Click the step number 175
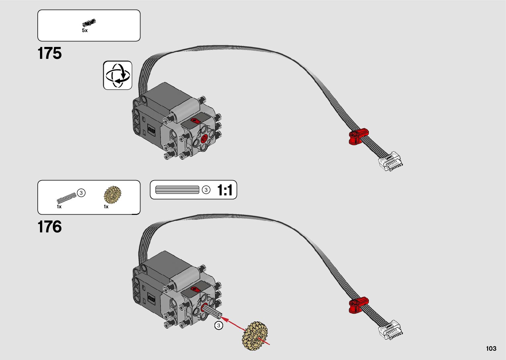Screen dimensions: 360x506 tap(50, 53)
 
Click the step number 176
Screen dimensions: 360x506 tap(50, 227)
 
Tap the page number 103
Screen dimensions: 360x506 tap(491, 348)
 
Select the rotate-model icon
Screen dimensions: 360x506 tap(118, 75)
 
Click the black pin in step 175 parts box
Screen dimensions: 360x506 tap(89, 23)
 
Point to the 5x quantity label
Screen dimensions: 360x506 tap(85, 30)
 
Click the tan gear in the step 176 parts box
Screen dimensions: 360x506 tap(112, 195)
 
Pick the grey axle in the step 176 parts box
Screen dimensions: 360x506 tap(66, 198)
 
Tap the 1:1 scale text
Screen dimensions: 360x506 tap(225, 190)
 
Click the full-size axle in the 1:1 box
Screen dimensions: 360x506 tap(177, 190)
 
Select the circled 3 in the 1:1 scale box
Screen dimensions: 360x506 tap(206, 190)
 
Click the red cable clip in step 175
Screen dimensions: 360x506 tap(358, 136)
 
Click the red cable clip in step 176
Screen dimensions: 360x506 tap(358, 305)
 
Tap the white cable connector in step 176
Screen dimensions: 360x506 tap(391, 330)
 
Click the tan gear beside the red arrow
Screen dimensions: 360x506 tap(254, 336)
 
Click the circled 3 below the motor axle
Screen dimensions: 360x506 tap(218, 326)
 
